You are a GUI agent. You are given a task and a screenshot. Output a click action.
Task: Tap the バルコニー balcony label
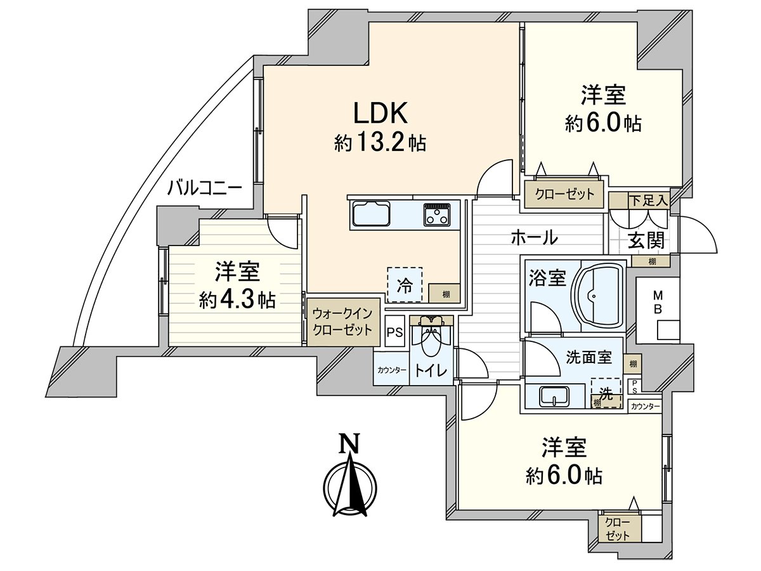pos(205,188)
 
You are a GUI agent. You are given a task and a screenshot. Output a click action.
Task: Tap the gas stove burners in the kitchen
pos(438,215)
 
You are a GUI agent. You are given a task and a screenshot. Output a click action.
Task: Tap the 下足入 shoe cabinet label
pos(648,201)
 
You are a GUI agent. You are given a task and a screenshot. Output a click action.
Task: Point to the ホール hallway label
pos(534,238)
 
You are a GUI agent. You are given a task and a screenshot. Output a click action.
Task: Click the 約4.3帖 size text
pos(237,299)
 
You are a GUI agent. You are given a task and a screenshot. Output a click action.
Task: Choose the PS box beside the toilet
pos(394,332)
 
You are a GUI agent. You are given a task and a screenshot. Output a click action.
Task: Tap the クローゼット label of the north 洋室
pos(565,194)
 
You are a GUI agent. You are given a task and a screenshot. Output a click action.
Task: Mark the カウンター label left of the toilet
pos(391,371)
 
